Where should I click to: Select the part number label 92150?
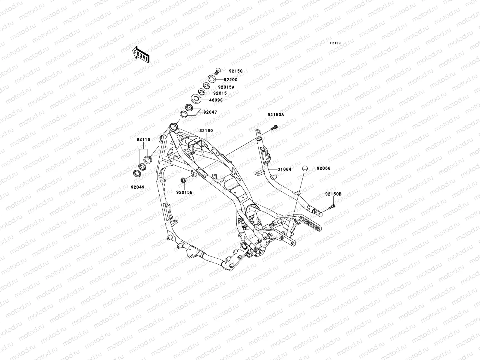pos(235,71)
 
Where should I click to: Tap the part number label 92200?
pos(230,80)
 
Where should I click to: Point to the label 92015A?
pos(226,87)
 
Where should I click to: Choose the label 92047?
pos(210,112)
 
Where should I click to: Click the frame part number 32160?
pos(206,131)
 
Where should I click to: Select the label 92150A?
pos(276,115)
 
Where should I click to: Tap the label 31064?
pos(284,169)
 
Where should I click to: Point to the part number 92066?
pos(323,168)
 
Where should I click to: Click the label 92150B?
pos(333,194)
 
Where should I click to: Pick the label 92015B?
pos(184,192)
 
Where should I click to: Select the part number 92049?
pos(137,187)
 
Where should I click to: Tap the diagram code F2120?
pos(335,43)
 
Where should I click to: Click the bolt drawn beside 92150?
pos(217,71)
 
